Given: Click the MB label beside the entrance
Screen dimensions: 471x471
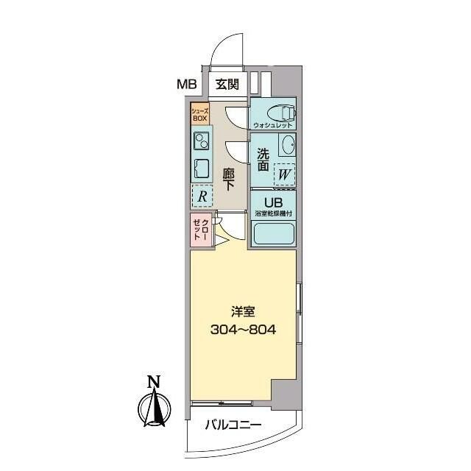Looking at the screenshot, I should (x=186, y=84).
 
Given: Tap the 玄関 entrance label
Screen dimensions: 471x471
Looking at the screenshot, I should (x=227, y=84).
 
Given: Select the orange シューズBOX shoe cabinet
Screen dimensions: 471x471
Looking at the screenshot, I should (x=200, y=114).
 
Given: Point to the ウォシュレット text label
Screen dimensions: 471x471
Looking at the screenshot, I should (x=272, y=126).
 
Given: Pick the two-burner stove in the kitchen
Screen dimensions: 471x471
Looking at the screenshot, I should (x=201, y=140).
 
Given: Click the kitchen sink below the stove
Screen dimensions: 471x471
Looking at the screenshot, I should (x=201, y=167).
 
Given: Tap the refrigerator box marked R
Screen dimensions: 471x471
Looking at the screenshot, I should (x=201, y=196).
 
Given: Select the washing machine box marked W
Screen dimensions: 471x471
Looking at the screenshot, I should (x=285, y=175).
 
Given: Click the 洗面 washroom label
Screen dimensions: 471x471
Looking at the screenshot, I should (x=263, y=160).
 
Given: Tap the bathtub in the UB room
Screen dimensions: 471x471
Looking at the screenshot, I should (x=274, y=235).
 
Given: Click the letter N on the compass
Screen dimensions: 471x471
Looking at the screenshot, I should (x=153, y=382).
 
